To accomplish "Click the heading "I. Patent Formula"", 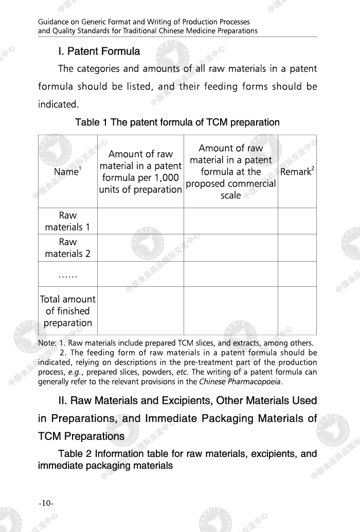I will (x=99, y=51).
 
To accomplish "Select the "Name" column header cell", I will (x=67, y=172).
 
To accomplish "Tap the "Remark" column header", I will (x=297, y=172).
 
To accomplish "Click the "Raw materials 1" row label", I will (x=67, y=221).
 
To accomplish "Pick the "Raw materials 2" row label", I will (x=67, y=248).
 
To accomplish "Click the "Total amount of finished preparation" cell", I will (x=67, y=311).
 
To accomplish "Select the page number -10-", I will (x=46, y=503).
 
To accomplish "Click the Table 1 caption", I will (x=177, y=122).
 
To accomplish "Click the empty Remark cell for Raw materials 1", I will (x=297, y=221).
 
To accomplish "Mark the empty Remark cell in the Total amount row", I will (x=297, y=311).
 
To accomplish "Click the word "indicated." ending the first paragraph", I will (x=58, y=104).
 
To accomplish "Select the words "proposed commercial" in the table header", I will (x=231, y=184).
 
